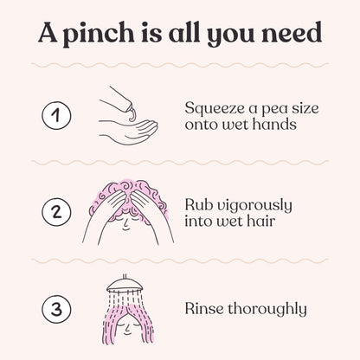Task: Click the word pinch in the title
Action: tap(99, 34)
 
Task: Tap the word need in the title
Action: tap(292, 32)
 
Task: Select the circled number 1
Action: tap(56, 115)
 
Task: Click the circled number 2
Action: tap(56, 212)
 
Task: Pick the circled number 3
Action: tap(56, 309)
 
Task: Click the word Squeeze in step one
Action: tap(215, 109)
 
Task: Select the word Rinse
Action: tap(204, 309)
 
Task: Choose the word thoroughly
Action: tap(267, 310)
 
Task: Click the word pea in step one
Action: tap(274, 110)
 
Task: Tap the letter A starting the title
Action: tap(48, 32)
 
